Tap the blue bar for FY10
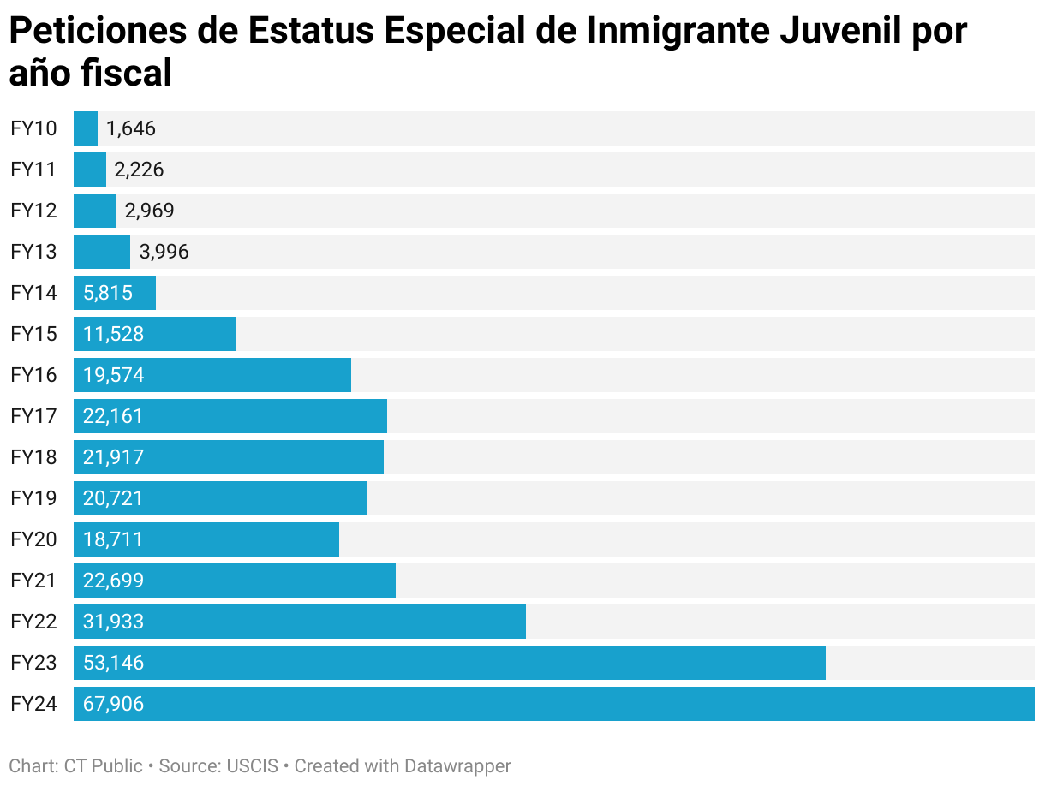point(86,128)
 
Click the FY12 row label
point(33,211)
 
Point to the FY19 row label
point(33,498)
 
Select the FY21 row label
point(33,581)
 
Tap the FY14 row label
point(33,293)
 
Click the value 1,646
point(131,128)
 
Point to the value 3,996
point(164,252)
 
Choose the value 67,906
point(113,704)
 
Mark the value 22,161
point(113,416)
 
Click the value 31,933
point(113,622)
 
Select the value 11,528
point(113,334)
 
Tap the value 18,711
point(113,539)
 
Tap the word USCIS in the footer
point(253,765)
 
